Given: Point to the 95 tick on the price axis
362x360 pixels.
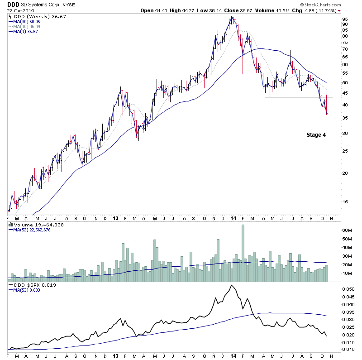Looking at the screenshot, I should [x=345, y=19].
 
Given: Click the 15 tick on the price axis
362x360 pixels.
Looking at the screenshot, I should [x=345, y=202].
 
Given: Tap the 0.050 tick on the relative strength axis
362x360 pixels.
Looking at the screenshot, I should [x=348, y=288].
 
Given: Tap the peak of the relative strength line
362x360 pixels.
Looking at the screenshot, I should [x=232, y=285].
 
